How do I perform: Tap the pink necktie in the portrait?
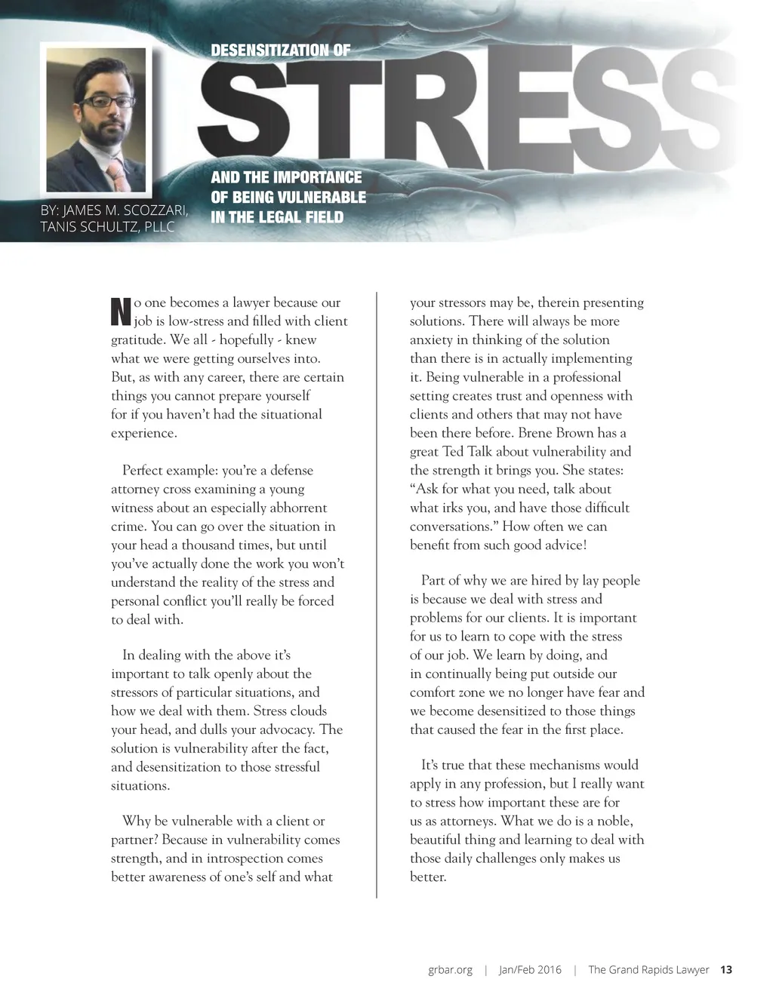(116, 175)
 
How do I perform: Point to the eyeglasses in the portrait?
(108, 101)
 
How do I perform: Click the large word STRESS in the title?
(468, 113)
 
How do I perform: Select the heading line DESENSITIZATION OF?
(280, 51)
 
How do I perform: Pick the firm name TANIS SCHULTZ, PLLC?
(107, 226)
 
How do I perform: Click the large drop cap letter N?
(121, 311)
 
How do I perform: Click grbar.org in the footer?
(450, 970)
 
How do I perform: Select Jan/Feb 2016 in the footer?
(530, 970)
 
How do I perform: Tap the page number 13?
(726, 970)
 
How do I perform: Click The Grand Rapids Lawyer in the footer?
(648, 970)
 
